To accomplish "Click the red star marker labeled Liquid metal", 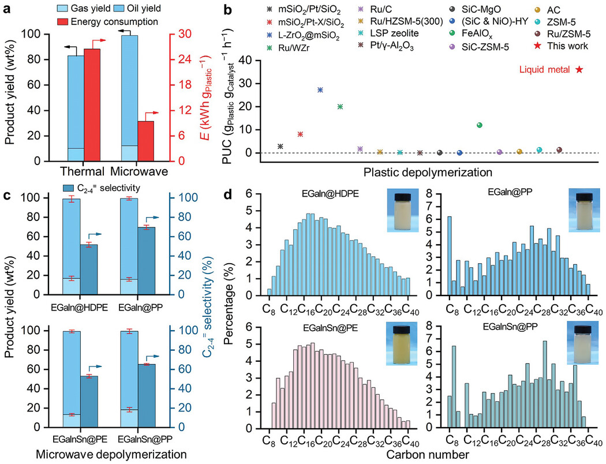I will [x=579, y=69].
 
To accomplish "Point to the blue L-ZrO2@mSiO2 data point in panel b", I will [x=320, y=90].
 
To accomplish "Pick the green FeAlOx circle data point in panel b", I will [x=479, y=125].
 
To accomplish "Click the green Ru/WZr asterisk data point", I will [x=340, y=107].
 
